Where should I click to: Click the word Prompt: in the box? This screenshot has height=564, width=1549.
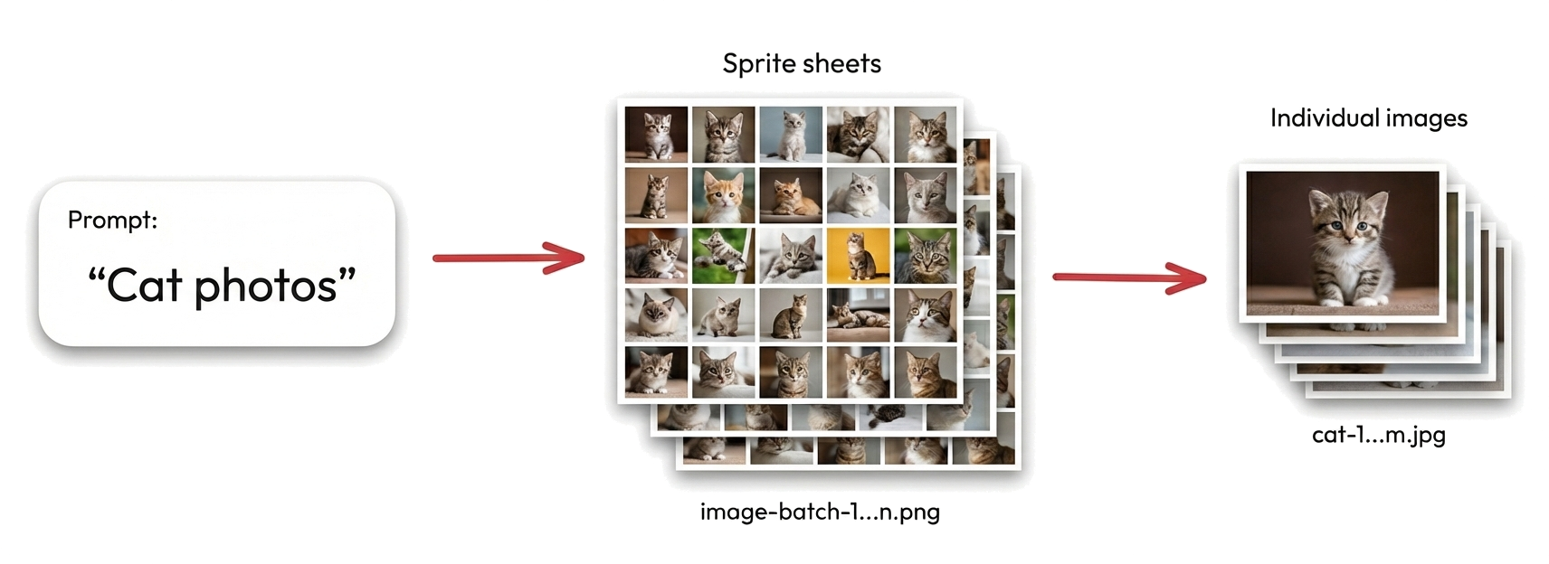[112, 220]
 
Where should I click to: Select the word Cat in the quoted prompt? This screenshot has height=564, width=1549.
[146, 286]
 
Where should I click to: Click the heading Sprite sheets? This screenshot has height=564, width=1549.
[802, 63]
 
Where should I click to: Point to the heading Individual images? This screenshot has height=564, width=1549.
[1368, 118]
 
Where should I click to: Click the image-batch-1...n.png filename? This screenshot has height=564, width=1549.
[820, 512]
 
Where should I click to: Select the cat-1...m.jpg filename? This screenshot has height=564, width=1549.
[1378, 435]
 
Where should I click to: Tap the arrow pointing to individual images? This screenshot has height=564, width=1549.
[1129, 277]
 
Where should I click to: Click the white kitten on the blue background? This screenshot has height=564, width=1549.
[791, 134]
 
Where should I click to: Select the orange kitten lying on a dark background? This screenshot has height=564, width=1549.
[791, 194]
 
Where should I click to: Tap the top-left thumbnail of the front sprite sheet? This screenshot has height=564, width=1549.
[656, 134]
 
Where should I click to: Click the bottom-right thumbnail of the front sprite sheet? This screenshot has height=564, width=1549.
[925, 371]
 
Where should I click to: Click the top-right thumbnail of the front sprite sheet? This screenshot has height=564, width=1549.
[925, 134]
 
